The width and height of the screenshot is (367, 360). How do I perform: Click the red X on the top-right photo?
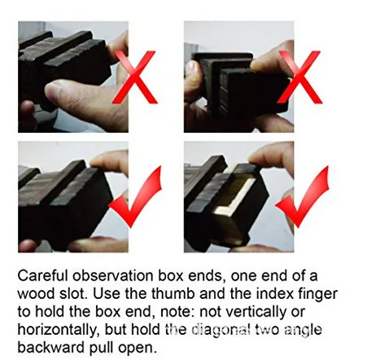tap(299, 77)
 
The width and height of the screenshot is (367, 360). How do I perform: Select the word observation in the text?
tap(113, 276)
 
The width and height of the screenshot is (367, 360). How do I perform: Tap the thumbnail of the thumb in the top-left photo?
tap(56, 92)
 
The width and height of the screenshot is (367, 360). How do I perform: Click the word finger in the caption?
tap(318, 294)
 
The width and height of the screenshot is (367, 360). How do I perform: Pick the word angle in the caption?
tap(303, 331)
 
